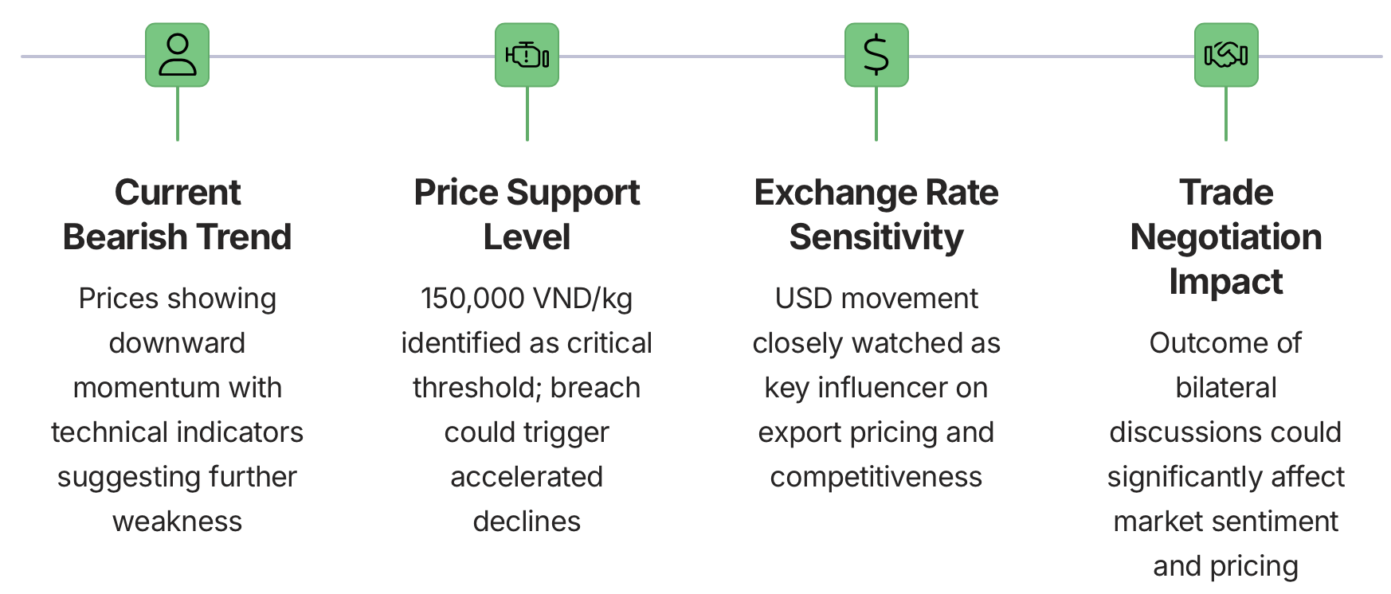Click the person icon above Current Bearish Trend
(177, 55)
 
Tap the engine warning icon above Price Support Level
(527, 55)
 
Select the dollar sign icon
(876, 55)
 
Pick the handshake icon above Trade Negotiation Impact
(1226, 55)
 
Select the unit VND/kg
(583, 299)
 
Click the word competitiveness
(876, 478)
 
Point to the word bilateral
(1226, 388)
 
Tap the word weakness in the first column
(177, 522)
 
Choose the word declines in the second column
(527, 522)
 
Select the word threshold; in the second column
(477, 388)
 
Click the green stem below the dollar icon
(876, 114)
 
